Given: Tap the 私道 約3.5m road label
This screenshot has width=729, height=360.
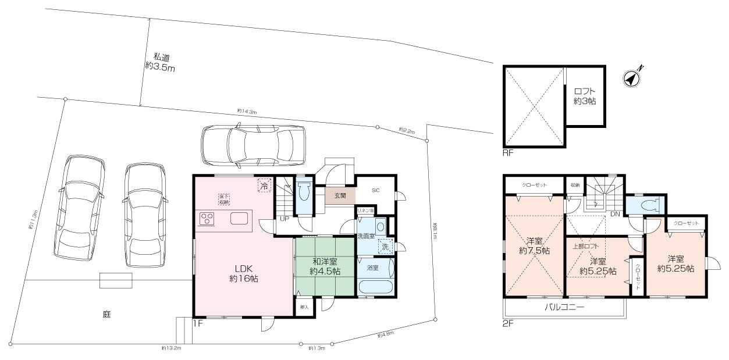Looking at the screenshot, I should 159,62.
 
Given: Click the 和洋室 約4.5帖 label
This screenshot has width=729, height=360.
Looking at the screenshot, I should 325,267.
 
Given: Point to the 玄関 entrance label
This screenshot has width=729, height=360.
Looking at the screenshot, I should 340,197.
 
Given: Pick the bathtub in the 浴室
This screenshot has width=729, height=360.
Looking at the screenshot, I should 375,287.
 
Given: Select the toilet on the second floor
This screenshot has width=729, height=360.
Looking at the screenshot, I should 646,205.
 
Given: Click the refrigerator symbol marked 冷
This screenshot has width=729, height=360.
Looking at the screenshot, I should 265,186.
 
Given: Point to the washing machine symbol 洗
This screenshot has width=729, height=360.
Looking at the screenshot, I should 385,247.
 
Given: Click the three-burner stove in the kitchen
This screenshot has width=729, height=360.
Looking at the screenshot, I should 208,219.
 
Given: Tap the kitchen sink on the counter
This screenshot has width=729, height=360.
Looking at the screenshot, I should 240,219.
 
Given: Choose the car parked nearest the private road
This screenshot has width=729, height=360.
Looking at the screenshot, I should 253,145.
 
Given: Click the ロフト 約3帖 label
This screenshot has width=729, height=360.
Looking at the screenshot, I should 585,96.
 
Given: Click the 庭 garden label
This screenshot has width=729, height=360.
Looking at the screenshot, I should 106,315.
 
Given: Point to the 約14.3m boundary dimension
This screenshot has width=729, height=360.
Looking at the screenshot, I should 247,111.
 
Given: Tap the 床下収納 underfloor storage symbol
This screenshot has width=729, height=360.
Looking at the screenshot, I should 223,199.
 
